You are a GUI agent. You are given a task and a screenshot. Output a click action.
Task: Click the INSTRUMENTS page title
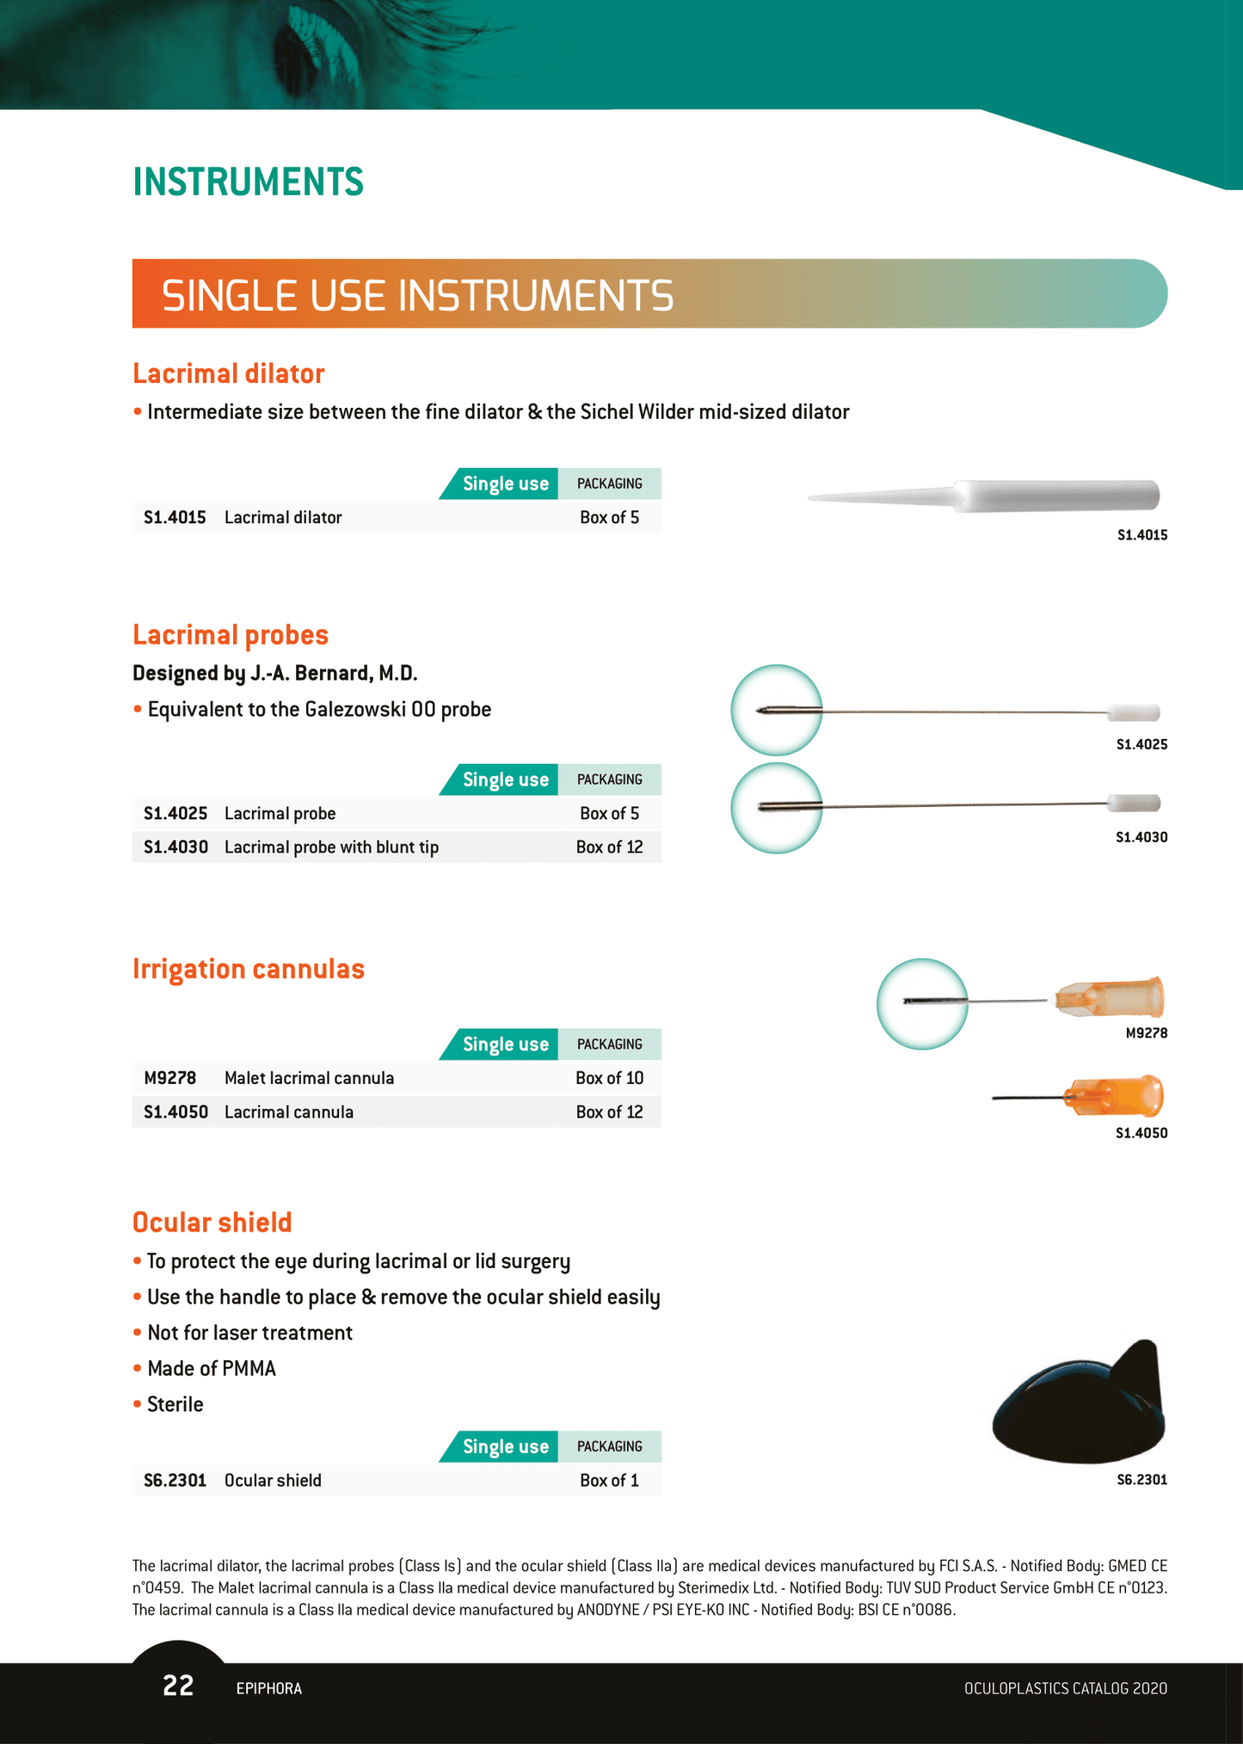tap(248, 182)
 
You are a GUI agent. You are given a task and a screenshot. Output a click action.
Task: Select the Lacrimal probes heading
tap(231, 635)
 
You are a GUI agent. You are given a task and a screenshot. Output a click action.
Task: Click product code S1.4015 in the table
tap(175, 517)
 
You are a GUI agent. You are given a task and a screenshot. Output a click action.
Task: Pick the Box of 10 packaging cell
tap(609, 1078)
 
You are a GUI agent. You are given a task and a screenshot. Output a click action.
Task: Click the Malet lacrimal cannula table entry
tap(309, 1078)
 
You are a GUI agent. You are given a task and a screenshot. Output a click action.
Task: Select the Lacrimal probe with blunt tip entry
tap(331, 847)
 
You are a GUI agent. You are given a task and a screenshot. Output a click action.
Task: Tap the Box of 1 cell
tap(609, 1480)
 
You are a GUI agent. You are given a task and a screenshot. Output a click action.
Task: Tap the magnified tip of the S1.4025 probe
tap(776, 710)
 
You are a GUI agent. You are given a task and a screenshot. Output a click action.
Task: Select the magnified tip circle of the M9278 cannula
tap(922, 1003)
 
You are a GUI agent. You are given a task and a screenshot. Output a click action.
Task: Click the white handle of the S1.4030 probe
tap(1134, 804)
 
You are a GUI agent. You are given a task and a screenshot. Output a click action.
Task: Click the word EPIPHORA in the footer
tap(268, 1688)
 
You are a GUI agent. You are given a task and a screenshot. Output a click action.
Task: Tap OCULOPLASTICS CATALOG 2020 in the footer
tap(1065, 1688)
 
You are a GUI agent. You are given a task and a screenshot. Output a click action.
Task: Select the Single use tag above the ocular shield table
tap(505, 1446)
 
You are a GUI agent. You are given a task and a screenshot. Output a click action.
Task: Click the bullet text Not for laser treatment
tap(249, 1333)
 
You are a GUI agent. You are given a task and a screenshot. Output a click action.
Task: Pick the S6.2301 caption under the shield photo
tap(1141, 1480)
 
